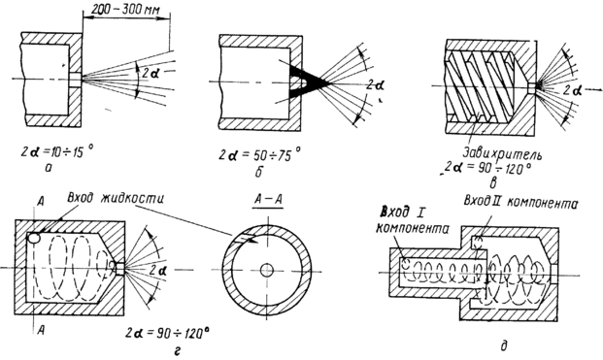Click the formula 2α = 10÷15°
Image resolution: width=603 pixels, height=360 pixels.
(x=57, y=149)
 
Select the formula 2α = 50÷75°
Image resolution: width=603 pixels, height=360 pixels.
(x=260, y=154)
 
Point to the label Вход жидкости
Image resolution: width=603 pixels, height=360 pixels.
(x=116, y=200)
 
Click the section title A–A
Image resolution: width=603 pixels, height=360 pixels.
(x=267, y=201)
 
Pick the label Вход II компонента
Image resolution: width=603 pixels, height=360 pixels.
(x=520, y=203)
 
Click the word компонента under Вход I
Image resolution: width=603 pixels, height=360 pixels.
(x=413, y=229)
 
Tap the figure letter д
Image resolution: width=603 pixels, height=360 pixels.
(x=504, y=344)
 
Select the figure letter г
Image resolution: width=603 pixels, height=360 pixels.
(x=177, y=350)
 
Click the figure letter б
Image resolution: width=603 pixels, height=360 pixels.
(x=258, y=171)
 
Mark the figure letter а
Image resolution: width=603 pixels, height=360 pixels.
(x=49, y=167)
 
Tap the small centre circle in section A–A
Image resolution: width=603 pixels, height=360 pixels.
(x=266, y=271)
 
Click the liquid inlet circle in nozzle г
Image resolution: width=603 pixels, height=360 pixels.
(x=34, y=239)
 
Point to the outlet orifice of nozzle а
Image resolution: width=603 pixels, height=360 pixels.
(x=76, y=80)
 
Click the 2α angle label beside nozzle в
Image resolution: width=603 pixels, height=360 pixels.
(x=573, y=91)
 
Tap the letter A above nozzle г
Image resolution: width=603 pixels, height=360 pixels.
(x=41, y=202)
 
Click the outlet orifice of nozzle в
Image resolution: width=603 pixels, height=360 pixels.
(x=531, y=88)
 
